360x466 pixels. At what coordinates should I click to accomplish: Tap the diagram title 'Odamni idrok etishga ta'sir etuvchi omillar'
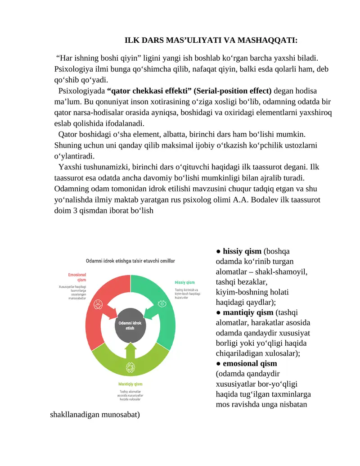pos(130,261)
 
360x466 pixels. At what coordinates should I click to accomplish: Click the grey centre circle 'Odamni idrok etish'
pos(130,325)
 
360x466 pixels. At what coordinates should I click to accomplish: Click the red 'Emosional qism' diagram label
pos(77,277)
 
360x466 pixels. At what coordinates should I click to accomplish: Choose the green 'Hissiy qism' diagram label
pos(184,282)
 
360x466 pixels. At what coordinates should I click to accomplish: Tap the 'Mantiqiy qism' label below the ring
pos(130,384)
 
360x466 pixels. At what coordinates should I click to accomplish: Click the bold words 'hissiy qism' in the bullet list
pos(242,251)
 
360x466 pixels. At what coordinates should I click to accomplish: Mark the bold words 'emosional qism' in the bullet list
pos(250,363)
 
